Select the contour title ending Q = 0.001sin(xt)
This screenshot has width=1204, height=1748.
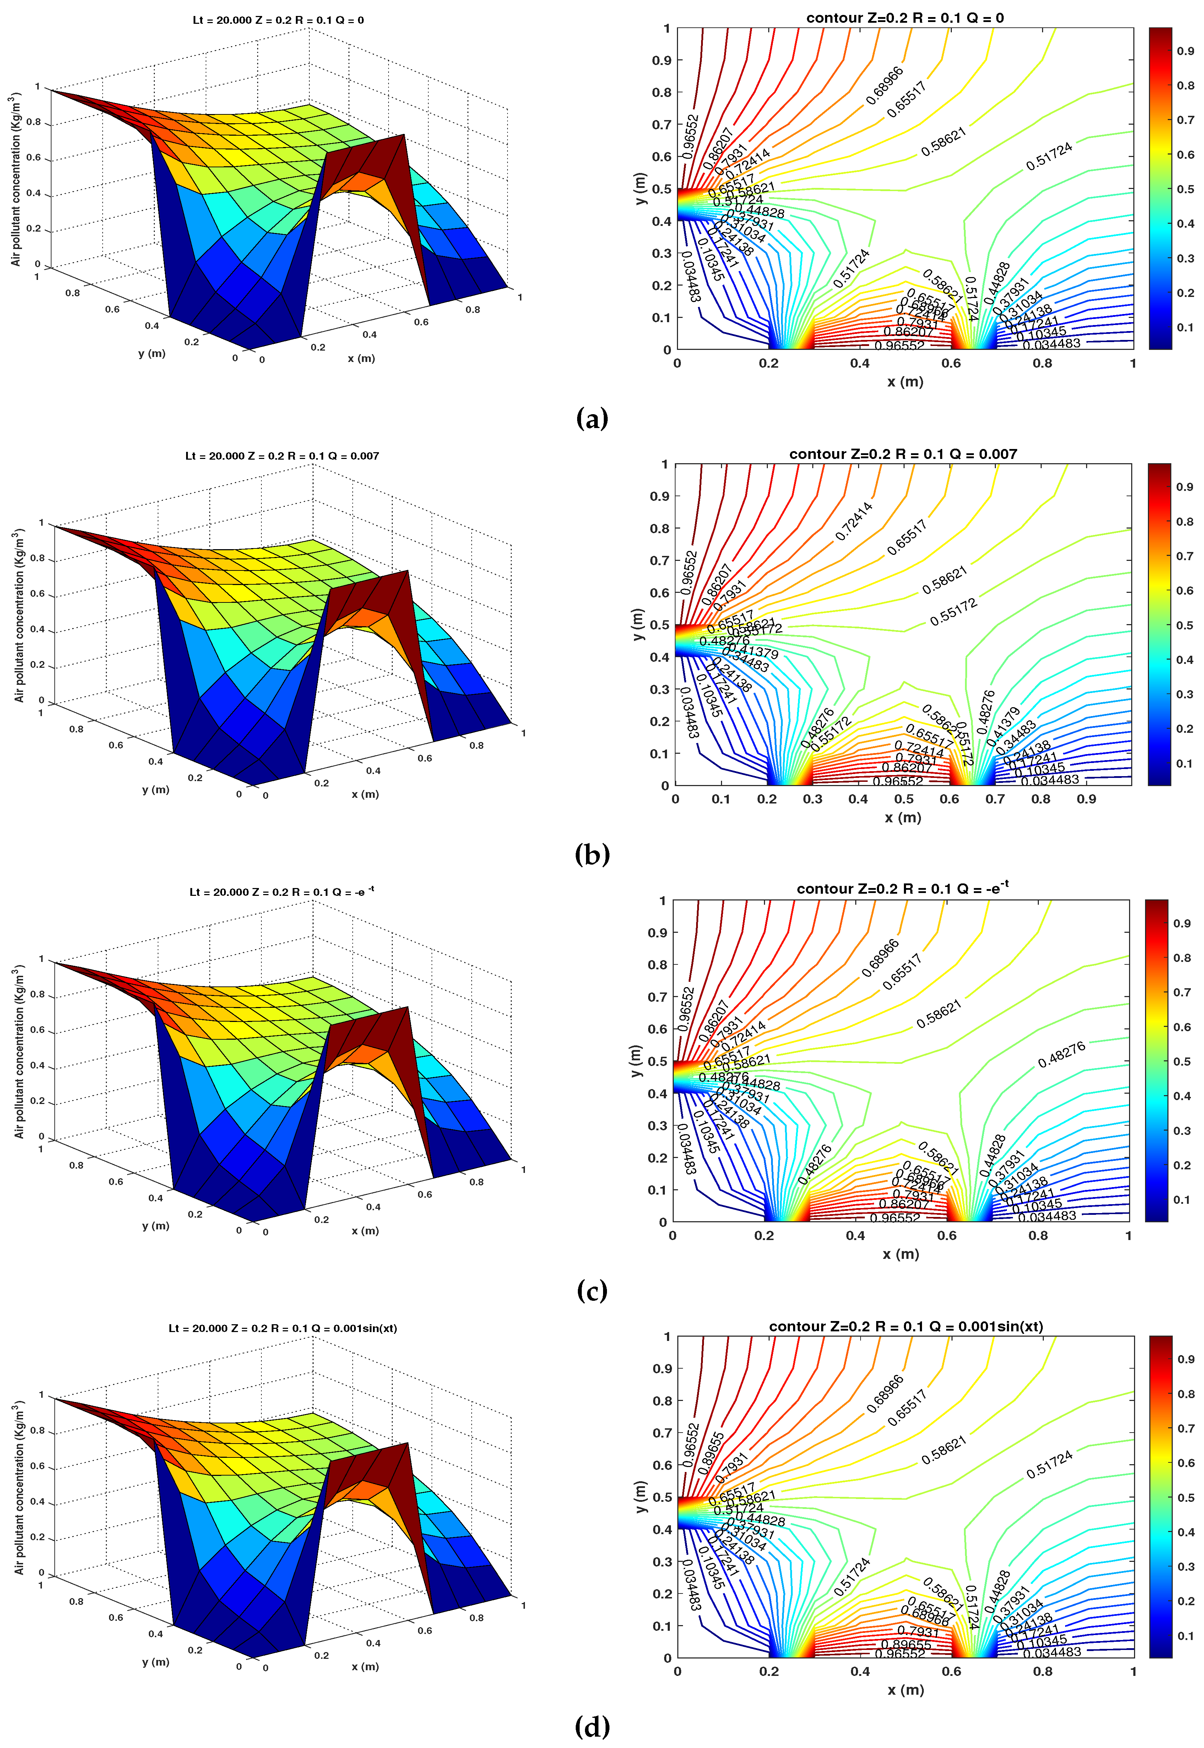(x=905, y=1326)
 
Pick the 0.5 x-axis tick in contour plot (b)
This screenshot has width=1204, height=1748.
(x=904, y=799)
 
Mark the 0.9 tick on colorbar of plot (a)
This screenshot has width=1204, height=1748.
(x=1185, y=51)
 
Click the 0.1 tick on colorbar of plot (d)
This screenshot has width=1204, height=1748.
(x=1185, y=1636)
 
